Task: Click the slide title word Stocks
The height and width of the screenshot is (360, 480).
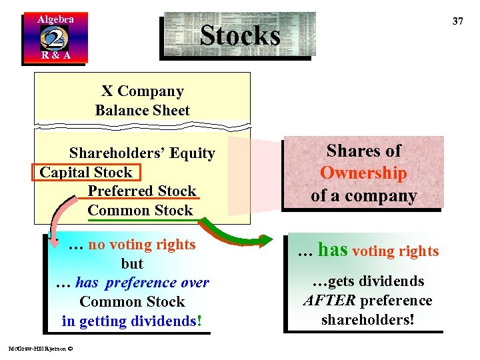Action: [x=240, y=35]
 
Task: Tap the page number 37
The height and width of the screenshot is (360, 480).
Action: [x=457, y=21]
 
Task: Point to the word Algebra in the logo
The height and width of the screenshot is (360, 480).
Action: [x=55, y=19]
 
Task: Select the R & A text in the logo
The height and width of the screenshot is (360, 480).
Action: [x=55, y=55]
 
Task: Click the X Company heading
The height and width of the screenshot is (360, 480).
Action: [x=143, y=91]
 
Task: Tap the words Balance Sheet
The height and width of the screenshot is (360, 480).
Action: [x=143, y=111]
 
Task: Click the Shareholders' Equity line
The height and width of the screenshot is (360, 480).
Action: [x=142, y=153]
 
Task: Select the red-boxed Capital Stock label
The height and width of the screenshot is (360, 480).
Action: [x=86, y=172]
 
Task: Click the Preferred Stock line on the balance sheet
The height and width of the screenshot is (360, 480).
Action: [x=142, y=191]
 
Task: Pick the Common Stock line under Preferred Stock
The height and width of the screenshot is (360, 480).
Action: [x=140, y=211]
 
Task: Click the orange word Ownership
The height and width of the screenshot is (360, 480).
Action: [x=363, y=173]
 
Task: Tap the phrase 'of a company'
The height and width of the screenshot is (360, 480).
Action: [x=363, y=196]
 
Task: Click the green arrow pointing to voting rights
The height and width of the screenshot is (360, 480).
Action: [x=247, y=233]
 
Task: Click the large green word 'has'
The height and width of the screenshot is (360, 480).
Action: [x=332, y=250]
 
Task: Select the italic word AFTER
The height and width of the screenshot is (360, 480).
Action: [x=328, y=301]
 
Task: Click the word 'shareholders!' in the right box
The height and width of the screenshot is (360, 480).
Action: [x=367, y=320]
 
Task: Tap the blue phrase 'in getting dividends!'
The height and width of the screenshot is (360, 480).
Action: [x=131, y=321]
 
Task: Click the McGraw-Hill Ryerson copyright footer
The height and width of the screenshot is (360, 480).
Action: [x=41, y=347]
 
